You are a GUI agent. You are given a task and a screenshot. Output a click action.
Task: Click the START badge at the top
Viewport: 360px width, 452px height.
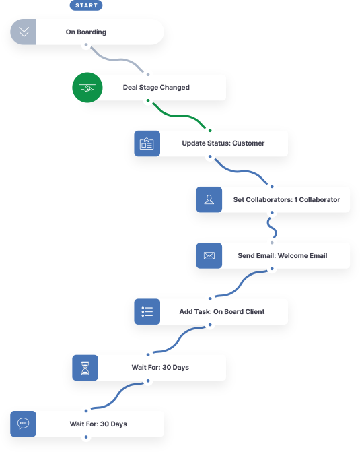click(x=86, y=5)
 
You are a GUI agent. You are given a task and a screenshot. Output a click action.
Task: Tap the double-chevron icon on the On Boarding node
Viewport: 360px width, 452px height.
click(x=24, y=32)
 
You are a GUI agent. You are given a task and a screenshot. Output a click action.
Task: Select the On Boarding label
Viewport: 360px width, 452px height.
click(x=86, y=32)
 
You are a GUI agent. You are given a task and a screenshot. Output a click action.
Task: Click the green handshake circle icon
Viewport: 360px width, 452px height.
click(x=87, y=88)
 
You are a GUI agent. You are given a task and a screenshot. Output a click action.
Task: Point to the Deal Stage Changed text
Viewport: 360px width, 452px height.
click(x=156, y=88)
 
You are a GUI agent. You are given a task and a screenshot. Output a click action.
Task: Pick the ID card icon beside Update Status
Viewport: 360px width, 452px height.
click(x=147, y=143)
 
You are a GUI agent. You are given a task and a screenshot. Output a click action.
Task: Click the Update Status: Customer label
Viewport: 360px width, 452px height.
click(x=223, y=143)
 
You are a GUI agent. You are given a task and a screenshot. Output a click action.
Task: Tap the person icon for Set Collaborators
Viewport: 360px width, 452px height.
click(x=209, y=199)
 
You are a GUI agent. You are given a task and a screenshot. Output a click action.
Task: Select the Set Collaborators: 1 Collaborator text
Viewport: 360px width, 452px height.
click(x=287, y=200)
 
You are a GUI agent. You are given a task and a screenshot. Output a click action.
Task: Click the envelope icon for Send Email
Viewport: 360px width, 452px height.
click(x=209, y=256)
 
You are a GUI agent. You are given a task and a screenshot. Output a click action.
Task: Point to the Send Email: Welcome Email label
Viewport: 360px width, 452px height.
click(x=283, y=256)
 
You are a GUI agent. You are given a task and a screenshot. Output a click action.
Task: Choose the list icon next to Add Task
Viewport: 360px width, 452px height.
click(x=147, y=312)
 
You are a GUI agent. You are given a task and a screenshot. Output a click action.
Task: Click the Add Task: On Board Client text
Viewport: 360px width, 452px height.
click(x=222, y=312)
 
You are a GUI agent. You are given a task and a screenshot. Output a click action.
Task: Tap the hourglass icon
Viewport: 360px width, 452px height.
click(x=85, y=368)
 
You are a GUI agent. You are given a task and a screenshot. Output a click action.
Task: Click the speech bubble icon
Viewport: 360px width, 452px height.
click(x=23, y=424)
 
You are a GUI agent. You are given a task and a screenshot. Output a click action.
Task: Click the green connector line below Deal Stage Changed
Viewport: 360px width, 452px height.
click(x=179, y=116)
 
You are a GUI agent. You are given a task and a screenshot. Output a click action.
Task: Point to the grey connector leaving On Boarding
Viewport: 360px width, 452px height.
click(x=117, y=60)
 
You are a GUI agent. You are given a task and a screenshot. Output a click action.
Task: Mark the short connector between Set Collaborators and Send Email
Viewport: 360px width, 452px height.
click(x=272, y=228)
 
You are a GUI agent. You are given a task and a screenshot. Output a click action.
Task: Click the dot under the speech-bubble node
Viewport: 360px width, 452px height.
click(x=86, y=437)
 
